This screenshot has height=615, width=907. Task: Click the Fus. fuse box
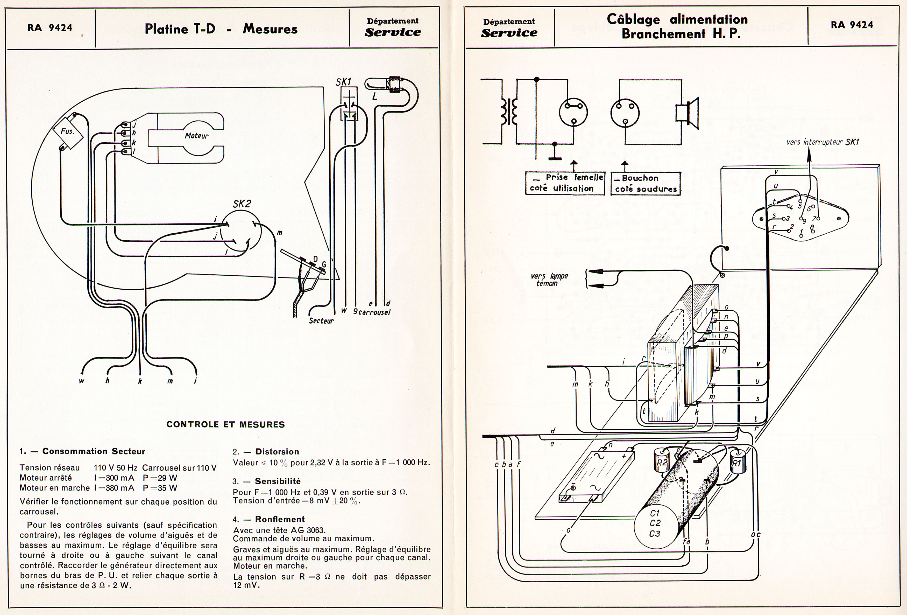(68, 132)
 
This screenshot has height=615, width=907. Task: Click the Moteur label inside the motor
(196, 136)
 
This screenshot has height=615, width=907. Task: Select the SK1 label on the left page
(343, 82)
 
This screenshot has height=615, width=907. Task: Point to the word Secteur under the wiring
(321, 320)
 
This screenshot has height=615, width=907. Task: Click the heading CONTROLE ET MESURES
(225, 424)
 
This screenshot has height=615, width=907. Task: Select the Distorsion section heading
(277, 451)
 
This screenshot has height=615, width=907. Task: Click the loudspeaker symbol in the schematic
(687, 113)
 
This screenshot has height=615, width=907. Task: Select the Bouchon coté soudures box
(646, 184)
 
